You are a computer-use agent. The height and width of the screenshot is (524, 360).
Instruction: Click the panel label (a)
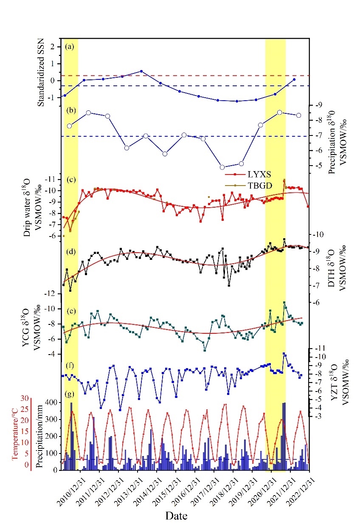pos(70,47)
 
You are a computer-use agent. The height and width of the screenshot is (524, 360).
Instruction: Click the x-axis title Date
pos(177,515)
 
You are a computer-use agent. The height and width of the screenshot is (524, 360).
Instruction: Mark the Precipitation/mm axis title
pos(39,435)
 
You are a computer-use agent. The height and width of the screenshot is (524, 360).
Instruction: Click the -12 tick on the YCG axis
pos(50,293)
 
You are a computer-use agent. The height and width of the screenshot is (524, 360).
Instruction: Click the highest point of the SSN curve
pos(141,71)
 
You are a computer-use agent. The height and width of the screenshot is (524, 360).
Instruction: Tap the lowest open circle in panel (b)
pos(222,167)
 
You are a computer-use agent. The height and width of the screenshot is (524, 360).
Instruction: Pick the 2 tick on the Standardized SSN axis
pos(53,47)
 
